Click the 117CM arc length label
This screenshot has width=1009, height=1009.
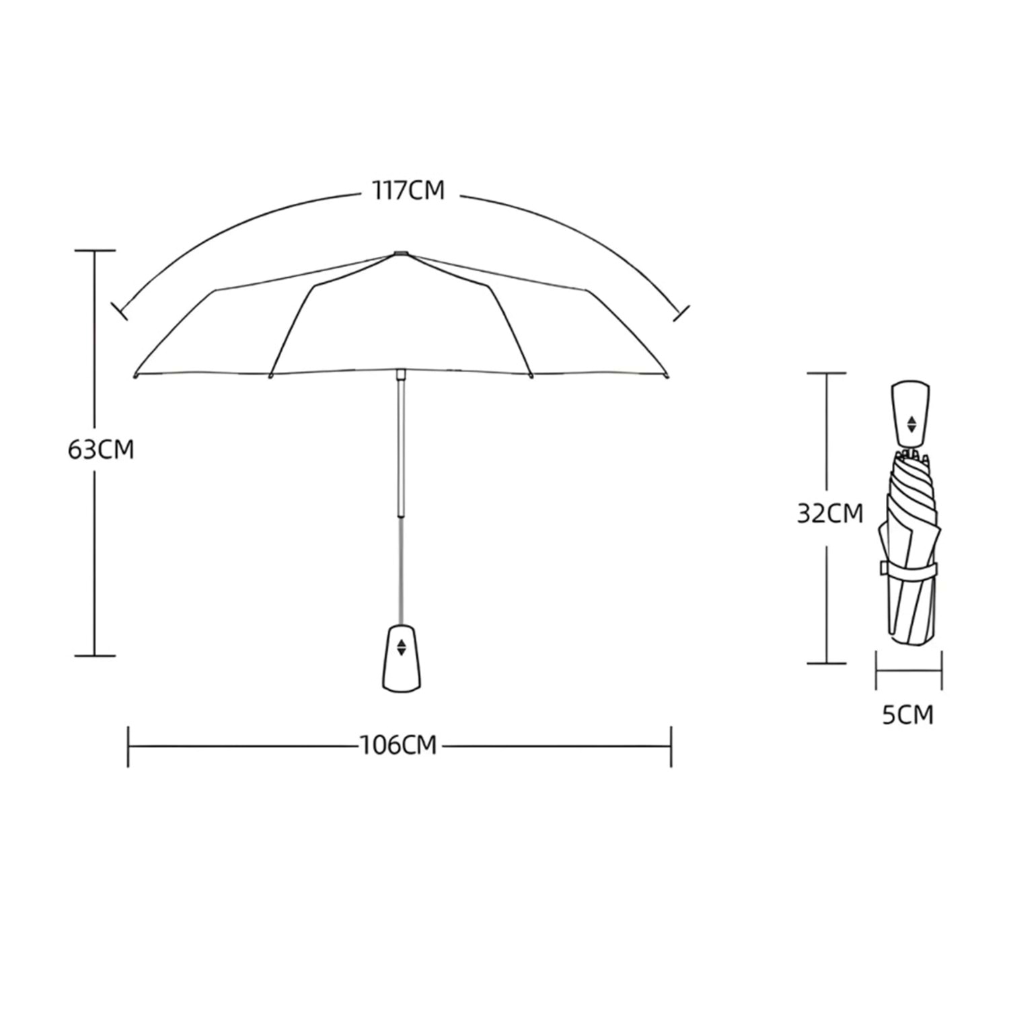(408, 190)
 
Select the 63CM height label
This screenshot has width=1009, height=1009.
(101, 449)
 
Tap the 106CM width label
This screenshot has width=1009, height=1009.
(398, 745)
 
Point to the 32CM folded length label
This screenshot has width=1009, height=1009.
(830, 514)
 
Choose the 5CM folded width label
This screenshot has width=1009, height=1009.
(908, 715)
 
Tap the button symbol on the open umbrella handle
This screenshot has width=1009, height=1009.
(402, 647)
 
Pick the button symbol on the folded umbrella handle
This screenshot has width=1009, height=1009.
(911, 424)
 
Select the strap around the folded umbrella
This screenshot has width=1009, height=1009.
(909, 568)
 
